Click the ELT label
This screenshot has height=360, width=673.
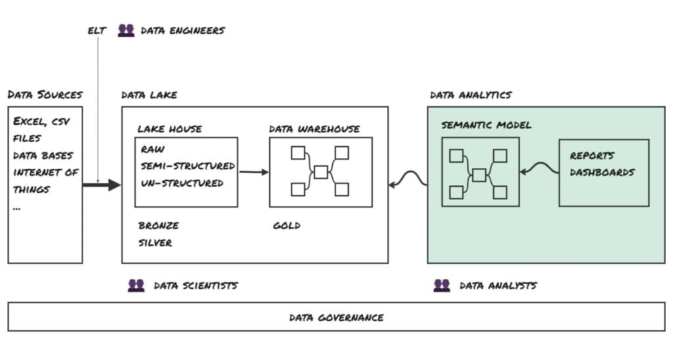97,31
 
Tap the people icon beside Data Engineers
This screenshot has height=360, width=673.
126,30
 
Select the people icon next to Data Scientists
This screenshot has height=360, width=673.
136,286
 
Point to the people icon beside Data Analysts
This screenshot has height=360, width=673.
442,286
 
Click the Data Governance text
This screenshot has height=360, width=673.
336,318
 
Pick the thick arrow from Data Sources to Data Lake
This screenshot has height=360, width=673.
102,185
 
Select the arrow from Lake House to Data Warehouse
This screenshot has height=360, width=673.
254,172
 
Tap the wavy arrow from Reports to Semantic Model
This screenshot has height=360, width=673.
539,169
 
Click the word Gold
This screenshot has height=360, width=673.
287,226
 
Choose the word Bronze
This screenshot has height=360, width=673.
158,226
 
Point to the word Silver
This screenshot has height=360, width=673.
155,243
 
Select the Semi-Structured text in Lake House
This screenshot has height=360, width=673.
187,166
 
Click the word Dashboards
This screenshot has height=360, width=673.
602,173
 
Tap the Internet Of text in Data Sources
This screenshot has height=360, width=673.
45,173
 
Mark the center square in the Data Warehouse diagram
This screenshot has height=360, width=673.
321,172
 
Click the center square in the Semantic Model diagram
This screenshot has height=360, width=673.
479,175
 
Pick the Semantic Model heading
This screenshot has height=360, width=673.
486,125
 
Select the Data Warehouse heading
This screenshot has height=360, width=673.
314,129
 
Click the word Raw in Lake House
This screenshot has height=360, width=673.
152,149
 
